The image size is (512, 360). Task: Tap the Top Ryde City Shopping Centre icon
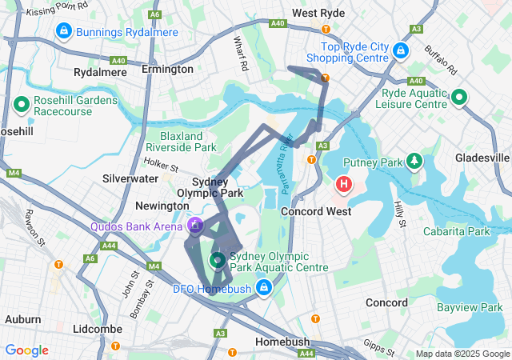point(401,50)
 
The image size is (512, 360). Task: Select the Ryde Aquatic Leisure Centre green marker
point(458,98)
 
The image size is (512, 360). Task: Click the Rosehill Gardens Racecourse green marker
point(22,105)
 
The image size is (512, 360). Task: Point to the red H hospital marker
point(345,186)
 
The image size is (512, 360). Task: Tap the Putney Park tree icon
point(414,162)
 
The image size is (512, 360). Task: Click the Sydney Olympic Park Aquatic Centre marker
point(218,260)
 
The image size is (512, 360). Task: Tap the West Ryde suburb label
point(319,13)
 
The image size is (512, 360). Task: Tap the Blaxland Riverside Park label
point(188,142)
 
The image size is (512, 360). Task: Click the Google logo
point(26,350)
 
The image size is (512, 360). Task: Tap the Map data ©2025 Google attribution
point(462,354)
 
